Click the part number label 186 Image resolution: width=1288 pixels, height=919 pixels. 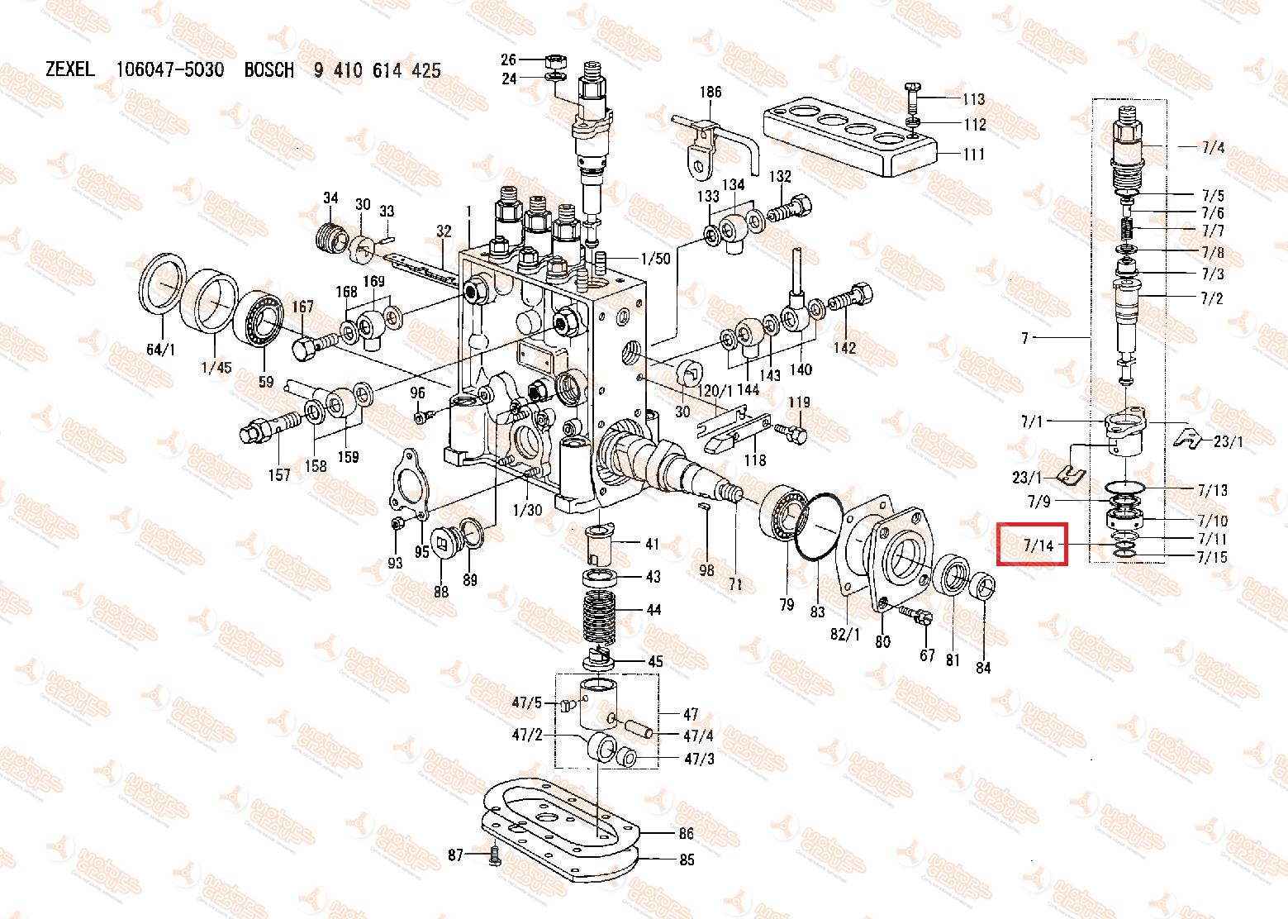point(711,92)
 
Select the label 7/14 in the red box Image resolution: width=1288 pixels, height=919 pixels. point(1038,545)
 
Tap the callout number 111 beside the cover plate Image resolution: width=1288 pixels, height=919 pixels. point(974,155)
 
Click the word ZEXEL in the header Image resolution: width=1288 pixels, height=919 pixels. point(71,70)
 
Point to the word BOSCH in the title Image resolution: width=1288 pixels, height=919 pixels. point(269,70)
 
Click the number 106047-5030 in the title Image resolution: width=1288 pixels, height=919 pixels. point(169,70)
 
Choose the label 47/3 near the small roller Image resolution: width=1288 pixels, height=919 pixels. point(699,759)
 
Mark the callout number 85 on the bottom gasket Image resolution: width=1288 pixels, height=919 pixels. point(687,859)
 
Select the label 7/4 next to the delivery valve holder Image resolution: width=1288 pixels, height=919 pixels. point(1213,149)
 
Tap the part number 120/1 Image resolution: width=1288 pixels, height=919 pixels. point(716,390)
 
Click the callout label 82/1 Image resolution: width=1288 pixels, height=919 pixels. point(844,634)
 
